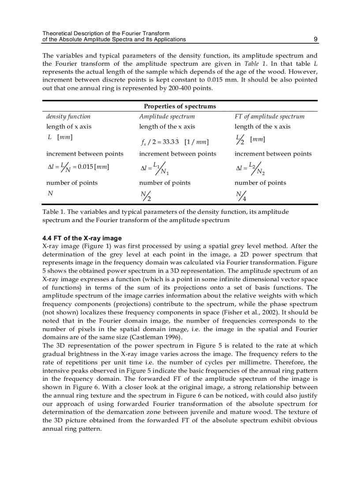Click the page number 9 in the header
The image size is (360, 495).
pos(315,39)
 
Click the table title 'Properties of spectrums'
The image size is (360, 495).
pos(180,106)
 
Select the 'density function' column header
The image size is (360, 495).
pos(68,116)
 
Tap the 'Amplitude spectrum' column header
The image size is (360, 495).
pos(167,116)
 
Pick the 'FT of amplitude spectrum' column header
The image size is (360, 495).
pos(269,116)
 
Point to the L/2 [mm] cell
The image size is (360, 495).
pos(250,139)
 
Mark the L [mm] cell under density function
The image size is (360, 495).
pos(60,137)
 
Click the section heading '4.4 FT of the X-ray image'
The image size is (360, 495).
pos(82,238)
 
